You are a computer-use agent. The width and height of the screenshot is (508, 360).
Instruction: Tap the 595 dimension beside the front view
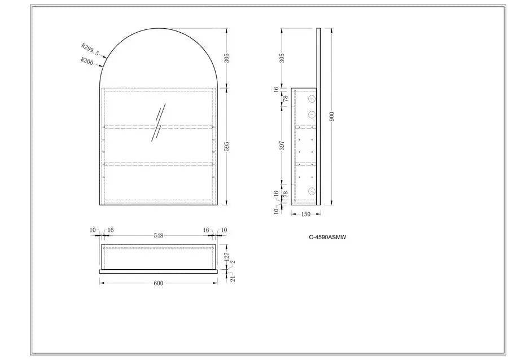tap(226, 146)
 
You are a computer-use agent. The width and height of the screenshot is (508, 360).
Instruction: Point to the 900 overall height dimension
tap(332, 117)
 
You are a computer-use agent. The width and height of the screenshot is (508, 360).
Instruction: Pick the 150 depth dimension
tap(305, 214)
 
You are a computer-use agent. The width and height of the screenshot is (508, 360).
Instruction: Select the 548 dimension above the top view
tap(158, 236)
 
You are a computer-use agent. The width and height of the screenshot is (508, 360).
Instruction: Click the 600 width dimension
tap(158, 283)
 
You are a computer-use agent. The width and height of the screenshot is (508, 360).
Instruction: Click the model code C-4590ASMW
tap(327, 238)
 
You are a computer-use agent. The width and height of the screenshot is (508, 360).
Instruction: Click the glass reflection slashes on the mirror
tap(158, 122)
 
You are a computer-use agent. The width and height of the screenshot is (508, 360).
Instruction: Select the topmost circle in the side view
tap(311, 99)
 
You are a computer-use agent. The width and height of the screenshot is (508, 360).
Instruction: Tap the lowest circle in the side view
tap(311, 191)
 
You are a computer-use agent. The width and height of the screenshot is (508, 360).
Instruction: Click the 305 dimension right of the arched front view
tap(226, 58)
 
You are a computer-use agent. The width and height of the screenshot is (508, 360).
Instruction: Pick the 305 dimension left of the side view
tap(282, 58)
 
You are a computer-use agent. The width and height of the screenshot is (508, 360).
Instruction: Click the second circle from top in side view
tap(311, 114)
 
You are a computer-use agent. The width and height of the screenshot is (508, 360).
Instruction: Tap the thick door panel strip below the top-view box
tap(159, 271)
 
